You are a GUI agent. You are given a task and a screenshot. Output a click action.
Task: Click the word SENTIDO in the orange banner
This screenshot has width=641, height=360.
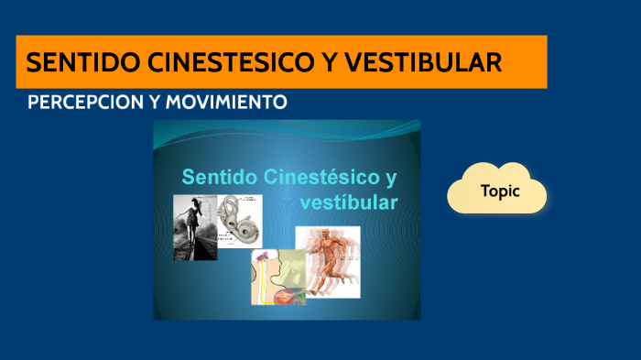point(70,62)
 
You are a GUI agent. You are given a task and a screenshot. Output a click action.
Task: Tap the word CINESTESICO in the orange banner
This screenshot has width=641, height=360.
point(210,62)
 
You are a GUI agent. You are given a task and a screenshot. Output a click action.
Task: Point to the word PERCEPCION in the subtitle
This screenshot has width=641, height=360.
point(85,102)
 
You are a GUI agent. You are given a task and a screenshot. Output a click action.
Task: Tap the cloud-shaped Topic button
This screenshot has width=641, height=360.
point(497,191)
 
